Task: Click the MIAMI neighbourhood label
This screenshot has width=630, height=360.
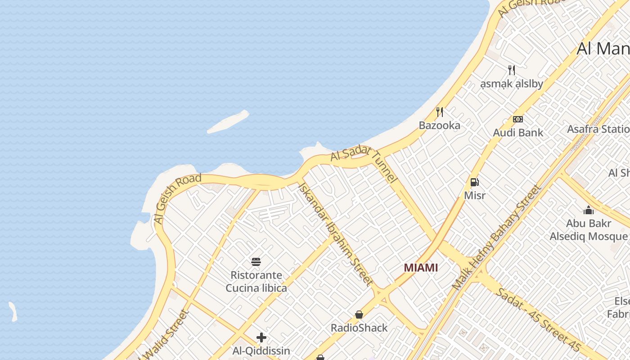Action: click(421, 268)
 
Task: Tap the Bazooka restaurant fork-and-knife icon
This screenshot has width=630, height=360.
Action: click(440, 112)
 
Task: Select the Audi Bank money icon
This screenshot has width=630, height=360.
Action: click(518, 119)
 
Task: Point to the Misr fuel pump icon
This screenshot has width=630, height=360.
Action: click(474, 182)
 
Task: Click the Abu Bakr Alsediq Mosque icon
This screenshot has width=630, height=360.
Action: click(588, 210)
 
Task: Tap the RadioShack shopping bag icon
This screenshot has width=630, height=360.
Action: click(359, 315)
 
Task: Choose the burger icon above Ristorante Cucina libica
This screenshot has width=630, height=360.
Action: click(256, 262)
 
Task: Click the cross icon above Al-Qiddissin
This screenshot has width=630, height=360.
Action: click(261, 337)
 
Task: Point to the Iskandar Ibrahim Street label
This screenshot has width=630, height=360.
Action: click(335, 234)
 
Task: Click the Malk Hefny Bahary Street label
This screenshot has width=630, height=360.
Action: click(496, 238)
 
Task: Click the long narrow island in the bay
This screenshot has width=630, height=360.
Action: click(228, 122)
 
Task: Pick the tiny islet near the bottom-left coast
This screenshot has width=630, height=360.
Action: click(13, 312)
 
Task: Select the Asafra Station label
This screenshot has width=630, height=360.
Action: click(598, 129)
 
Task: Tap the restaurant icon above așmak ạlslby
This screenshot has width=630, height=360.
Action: click(511, 70)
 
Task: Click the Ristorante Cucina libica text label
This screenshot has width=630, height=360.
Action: click(256, 281)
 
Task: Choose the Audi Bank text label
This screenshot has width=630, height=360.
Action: click(518, 133)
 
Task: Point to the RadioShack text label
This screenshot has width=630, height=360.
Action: click(359, 328)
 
